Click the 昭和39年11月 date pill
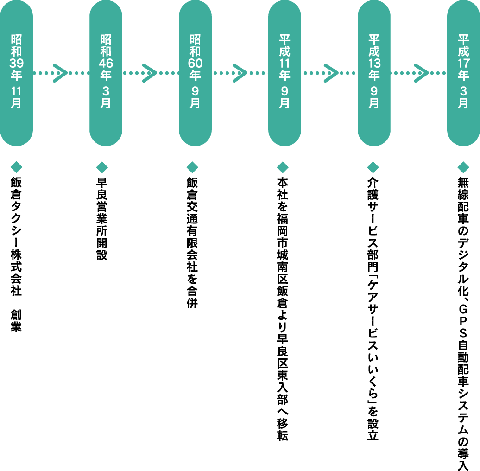[x=16, y=73]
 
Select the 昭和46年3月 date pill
[x=106, y=73]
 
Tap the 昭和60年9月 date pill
[x=195, y=73]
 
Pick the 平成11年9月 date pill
[x=284, y=73]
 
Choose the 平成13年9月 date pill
[x=374, y=73]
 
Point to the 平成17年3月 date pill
[x=463, y=73]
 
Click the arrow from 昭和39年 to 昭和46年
[x=60, y=73]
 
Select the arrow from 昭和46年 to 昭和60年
[x=150, y=73]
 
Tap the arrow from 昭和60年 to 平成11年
[x=239, y=73]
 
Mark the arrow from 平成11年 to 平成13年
[x=329, y=73]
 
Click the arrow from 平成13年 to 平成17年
[x=419, y=73]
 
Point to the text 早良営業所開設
[x=102, y=218]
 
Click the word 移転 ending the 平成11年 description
[x=282, y=429]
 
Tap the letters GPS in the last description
[x=463, y=323]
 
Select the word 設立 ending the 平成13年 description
[x=373, y=429]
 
